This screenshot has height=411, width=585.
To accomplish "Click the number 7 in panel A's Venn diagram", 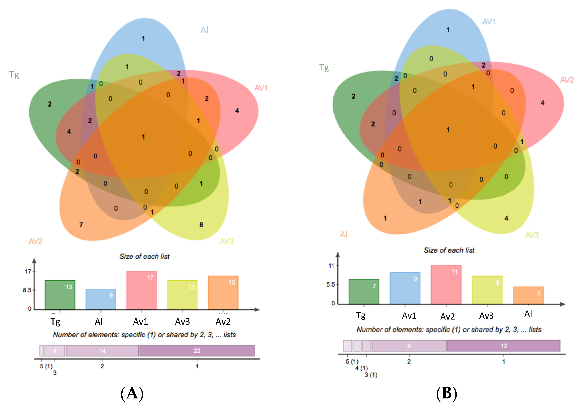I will [81, 225].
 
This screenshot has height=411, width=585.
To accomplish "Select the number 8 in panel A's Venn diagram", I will [201, 225].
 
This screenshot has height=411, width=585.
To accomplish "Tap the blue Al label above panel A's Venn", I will [204, 30].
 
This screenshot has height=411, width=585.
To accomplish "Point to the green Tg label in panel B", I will [324, 68].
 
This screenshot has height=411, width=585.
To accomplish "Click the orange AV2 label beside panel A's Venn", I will [35, 241].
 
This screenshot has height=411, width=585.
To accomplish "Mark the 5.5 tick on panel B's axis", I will [331, 285].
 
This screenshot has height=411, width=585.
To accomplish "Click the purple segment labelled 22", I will [197, 351].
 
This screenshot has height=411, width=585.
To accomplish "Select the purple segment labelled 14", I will [102, 351].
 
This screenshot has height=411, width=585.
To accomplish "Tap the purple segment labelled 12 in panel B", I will [504, 346].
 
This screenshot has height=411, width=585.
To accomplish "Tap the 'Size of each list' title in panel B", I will [449, 250].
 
